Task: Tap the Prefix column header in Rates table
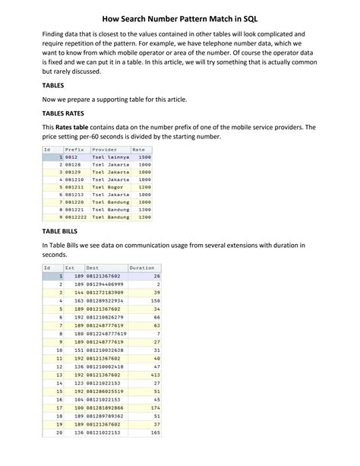click(x=74, y=150)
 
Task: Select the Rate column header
click(x=139, y=150)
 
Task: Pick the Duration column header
click(x=143, y=268)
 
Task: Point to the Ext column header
click(x=70, y=268)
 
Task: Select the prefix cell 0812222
click(x=77, y=217)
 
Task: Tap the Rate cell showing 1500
click(x=145, y=157)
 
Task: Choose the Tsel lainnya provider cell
click(x=110, y=157)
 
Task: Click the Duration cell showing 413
click(x=156, y=374)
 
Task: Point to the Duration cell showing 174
click(x=156, y=407)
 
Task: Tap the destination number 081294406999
click(x=105, y=284)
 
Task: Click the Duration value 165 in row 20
click(x=156, y=432)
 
